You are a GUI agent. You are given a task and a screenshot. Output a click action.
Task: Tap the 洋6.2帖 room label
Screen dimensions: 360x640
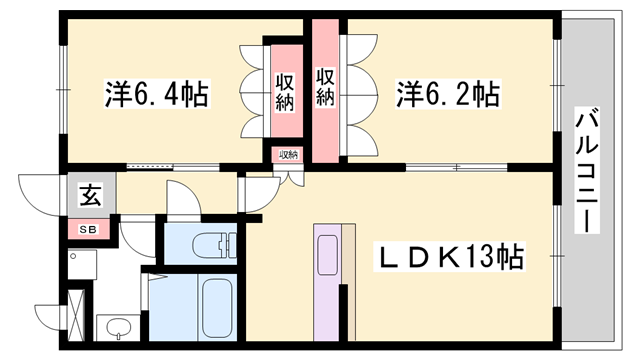pos(448,96)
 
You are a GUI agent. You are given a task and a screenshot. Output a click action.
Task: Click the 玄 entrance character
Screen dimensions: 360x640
pos(90,196)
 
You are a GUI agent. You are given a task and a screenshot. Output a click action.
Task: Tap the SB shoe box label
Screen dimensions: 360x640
pos(90,229)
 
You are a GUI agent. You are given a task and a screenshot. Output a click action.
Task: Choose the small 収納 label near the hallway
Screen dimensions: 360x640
pos(288,155)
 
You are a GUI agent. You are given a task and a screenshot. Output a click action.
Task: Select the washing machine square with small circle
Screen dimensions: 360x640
pos(86,268)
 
